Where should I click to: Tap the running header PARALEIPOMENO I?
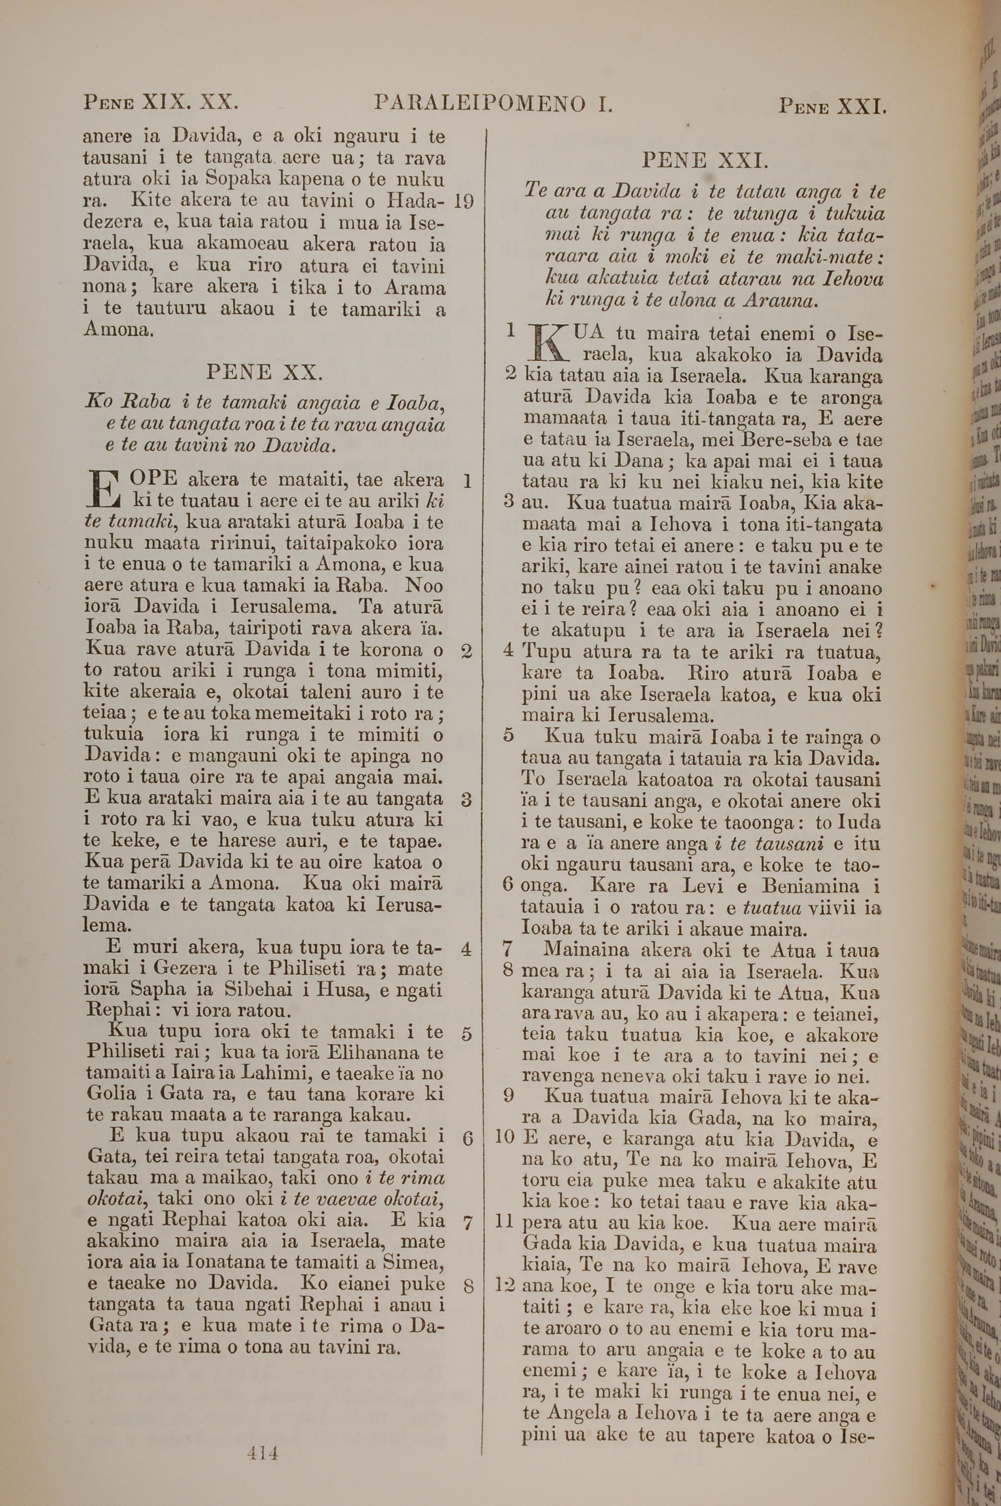tap(493, 104)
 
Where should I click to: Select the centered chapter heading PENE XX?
tap(264, 372)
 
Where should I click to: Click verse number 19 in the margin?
tap(463, 202)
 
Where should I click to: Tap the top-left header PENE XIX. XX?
tap(161, 102)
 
